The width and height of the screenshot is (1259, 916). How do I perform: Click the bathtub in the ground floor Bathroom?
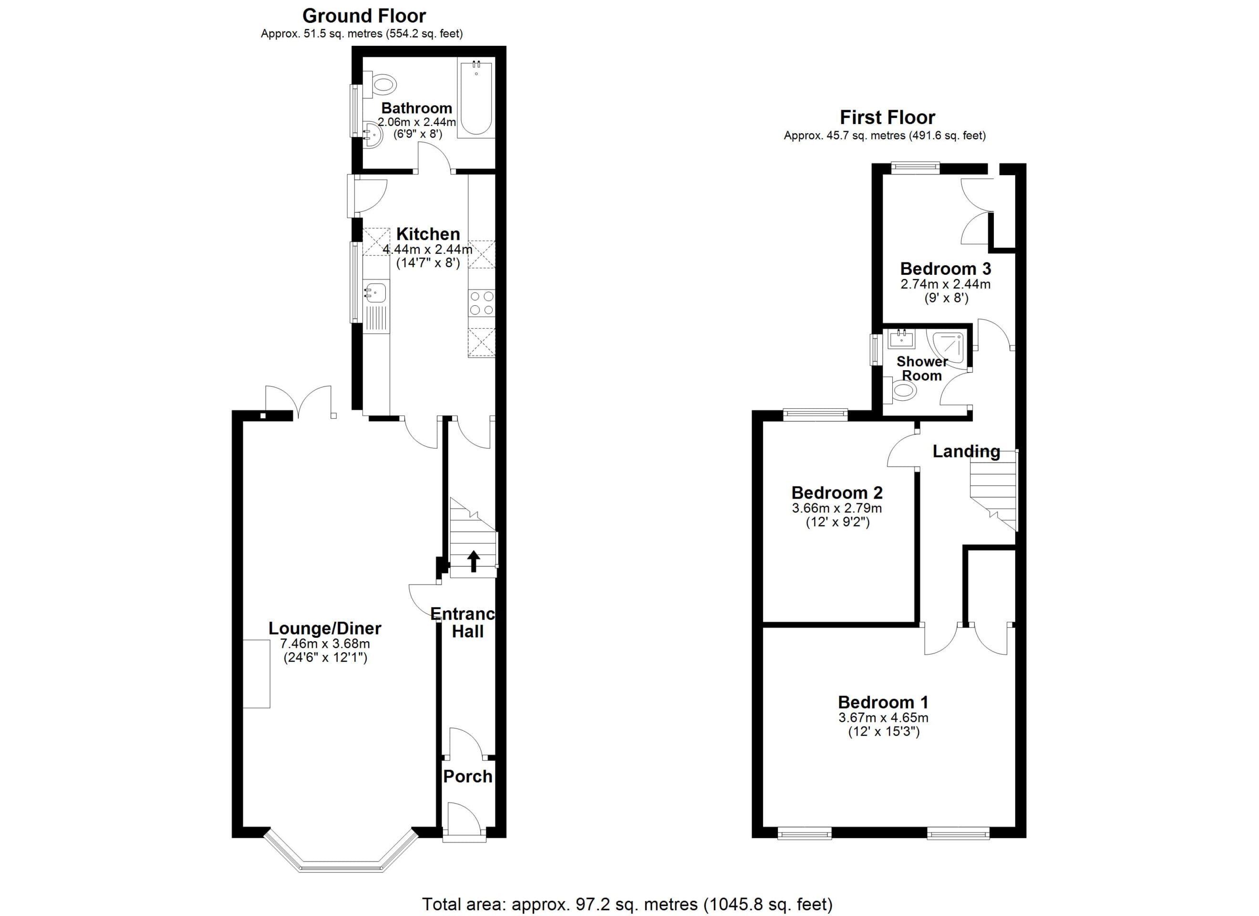(x=476, y=98)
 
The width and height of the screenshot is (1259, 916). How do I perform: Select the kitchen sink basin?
(x=376, y=292)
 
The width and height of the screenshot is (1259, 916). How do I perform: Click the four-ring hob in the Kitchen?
(x=481, y=303)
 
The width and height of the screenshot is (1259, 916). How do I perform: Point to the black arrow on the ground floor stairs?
(x=473, y=561)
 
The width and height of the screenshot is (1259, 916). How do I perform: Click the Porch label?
(x=467, y=777)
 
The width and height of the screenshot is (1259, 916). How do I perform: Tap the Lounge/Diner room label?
(x=325, y=628)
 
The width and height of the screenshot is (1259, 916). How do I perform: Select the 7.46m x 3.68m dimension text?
(x=325, y=644)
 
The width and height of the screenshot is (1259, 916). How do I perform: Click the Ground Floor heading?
(x=364, y=16)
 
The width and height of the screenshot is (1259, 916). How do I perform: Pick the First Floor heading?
(x=887, y=117)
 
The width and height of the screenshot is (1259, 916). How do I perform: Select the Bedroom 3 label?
(x=945, y=269)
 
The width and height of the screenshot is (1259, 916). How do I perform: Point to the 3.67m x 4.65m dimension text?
(x=884, y=718)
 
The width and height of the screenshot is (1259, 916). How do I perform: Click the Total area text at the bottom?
(x=627, y=905)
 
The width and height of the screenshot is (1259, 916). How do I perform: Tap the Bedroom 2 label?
(x=837, y=493)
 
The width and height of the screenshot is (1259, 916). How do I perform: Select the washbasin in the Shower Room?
(x=901, y=338)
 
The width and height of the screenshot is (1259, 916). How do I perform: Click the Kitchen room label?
(x=428, y=234)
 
